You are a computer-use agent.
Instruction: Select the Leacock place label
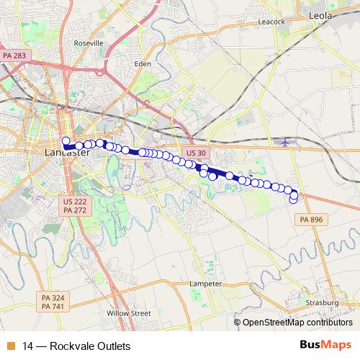(271, 22)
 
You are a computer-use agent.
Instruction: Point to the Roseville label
(89, 43)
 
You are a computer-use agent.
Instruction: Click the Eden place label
(143, 63)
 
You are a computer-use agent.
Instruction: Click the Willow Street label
(128, 313)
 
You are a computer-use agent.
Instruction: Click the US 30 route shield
(195, 153)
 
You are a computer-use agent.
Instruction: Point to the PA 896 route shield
(312, 219)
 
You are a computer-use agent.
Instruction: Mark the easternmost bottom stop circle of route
(293, 200)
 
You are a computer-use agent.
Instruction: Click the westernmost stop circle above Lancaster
(66, 141)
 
